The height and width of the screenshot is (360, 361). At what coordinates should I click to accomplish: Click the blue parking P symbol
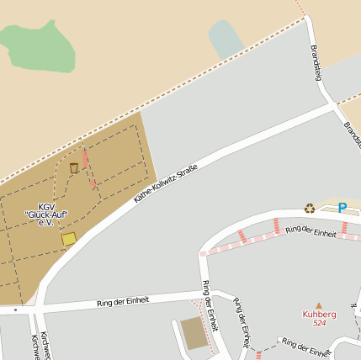tap(342, 208)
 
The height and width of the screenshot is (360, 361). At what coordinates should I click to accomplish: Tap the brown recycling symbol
tap(310, 208)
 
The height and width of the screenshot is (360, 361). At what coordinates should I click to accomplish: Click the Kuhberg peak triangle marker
tap(318, 305)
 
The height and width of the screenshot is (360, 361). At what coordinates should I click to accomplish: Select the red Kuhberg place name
tap(319, 315)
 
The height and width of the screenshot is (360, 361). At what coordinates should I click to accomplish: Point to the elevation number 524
tap(319, 323)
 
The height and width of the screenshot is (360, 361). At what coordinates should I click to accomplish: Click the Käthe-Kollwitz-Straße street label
tap(166, 185)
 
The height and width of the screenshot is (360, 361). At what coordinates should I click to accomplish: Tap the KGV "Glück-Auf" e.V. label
tap(45, 214)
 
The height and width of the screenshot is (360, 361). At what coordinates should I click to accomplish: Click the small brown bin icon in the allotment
tap(74, 167)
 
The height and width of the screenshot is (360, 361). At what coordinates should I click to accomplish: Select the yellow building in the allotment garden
tap(68, 239)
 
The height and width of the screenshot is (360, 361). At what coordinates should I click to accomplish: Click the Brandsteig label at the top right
tap(317, 63)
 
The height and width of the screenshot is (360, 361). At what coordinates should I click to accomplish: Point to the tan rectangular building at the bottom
tap(194, 334)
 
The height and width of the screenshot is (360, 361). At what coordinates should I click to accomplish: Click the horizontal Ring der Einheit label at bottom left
tap(123, 300)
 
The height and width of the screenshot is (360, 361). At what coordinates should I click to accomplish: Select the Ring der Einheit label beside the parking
tap(311, 230)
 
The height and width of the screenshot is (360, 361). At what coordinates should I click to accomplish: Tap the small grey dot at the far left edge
tap(14, 310)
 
